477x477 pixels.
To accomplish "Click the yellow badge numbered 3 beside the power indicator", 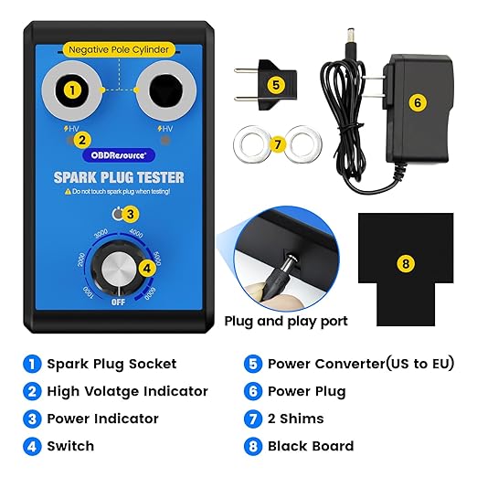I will (x=131, y=215).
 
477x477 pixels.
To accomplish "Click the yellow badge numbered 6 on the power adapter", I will (x=417, y=102).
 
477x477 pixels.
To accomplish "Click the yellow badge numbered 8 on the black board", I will (x=407, y=264).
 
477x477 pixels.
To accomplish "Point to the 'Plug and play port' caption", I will (x=285, y=321).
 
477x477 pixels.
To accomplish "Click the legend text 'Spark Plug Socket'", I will (x=112, y=364).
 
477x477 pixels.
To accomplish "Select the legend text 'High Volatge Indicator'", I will (x=127, y=391).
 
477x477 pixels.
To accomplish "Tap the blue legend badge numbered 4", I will (x=32, y=446).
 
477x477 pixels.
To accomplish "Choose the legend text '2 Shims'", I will (x=298, y=419).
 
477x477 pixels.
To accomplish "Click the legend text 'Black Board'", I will (x=311, y=446).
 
